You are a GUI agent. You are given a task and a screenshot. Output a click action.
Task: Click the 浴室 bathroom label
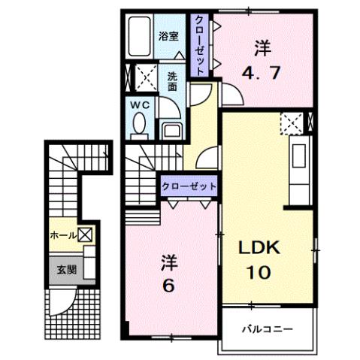[168, 35]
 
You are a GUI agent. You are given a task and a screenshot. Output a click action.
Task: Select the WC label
[139, 106]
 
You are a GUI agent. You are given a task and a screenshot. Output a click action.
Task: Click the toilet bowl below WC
[139, 129]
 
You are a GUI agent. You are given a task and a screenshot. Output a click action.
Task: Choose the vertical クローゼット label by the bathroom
[200, 44]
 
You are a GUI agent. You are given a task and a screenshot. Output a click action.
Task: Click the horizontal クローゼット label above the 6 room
[189, 186]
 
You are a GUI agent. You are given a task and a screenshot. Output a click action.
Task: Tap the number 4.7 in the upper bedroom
[262, 74]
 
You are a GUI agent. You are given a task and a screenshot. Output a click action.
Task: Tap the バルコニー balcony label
[266, 329]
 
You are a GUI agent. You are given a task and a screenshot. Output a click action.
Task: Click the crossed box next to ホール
[86, 235]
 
